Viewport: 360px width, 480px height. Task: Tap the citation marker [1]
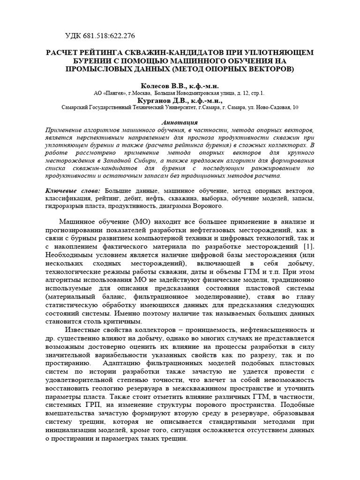pos(307,247)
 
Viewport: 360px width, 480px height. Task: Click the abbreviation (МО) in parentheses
pos(142,222)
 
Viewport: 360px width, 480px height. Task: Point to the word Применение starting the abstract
pos(66,129)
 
